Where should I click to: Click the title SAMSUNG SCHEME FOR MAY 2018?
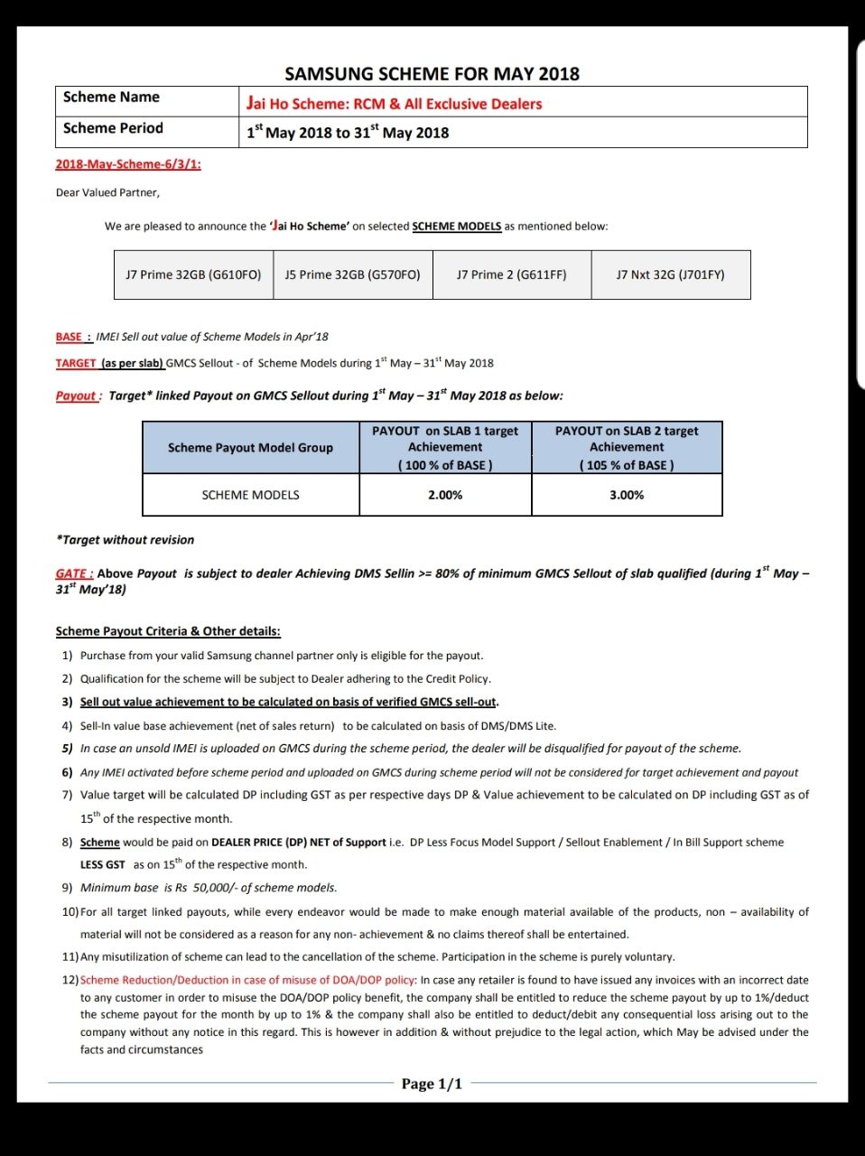click(x=432, y=74)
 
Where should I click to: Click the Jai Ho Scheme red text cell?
click(x=394, y=104)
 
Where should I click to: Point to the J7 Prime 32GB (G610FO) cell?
click(x=193, y=275)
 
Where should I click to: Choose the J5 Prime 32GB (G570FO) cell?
click(x=352, y=275)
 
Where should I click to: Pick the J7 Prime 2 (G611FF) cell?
click(x=511, y=275)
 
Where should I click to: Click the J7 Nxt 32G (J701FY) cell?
click(x=670, y=275)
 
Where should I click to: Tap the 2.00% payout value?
click(x=445, y=495)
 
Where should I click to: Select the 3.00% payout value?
click(x=627, y=495)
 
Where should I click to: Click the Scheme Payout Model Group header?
click(x=250, y=448)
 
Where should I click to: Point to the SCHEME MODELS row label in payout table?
click(x=250, y=495)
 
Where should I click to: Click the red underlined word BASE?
click(x=70, y=337)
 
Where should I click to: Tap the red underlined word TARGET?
click(x=76, y=363)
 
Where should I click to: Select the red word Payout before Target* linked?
click(x=76, y=396)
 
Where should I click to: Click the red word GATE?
click(x=72, y=573)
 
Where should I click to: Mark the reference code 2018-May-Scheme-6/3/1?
click(x=128, y=164)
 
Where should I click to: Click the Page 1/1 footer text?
click(x=432, y=1084)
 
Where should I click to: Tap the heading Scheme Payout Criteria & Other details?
click(x=168, y=631)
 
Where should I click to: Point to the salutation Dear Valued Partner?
click(x=107, y=192)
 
